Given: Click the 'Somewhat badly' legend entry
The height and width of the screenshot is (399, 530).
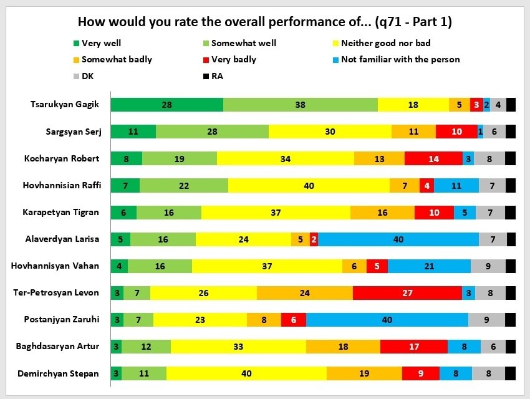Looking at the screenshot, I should [x=117, y=60].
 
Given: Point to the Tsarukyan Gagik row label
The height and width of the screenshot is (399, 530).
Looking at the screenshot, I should [x=64, y=105].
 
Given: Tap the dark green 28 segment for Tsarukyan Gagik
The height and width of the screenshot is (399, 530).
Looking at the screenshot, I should [x=166, y=105].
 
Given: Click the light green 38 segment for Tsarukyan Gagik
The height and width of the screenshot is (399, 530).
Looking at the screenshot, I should [x=300, y=105].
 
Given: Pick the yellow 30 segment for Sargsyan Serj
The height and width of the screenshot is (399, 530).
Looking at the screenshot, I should [x=330, y=132].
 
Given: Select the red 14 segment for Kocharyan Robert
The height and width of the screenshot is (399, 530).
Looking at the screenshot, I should [x=433, y=158].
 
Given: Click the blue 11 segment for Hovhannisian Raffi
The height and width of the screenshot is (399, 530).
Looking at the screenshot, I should [x=456, y=185].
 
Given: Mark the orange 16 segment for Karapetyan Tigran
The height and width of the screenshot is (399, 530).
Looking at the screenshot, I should [x=382, y=213].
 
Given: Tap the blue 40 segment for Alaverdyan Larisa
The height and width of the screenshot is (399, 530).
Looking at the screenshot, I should [x=398, y=239].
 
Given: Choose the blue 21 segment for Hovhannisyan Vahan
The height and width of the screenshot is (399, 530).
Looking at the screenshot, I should [x=429, y=266].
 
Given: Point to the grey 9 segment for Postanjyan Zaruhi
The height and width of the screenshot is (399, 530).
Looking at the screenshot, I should [x=486, y=320].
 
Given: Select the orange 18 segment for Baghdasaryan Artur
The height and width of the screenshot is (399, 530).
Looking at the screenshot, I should [x=343, y=347].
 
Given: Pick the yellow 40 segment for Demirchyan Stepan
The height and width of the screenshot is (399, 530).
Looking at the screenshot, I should [x=246, y=373].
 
